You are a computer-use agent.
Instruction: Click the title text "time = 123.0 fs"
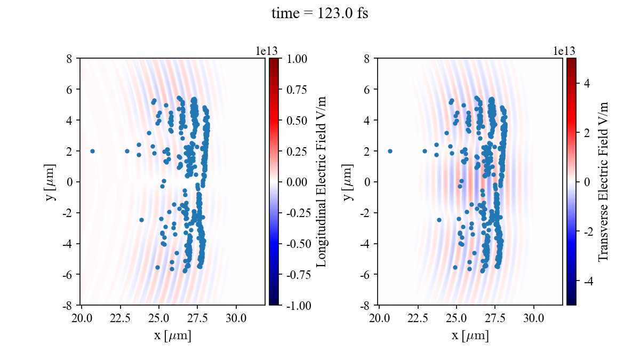point(319,14)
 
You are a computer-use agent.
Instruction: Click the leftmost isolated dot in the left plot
point(92,151)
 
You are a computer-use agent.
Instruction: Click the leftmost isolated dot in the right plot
point(390,151)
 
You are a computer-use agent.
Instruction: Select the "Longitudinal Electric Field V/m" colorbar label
point(322,181)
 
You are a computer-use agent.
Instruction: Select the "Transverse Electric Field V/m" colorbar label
point(603,181)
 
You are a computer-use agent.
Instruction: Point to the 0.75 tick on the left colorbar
point(295,89)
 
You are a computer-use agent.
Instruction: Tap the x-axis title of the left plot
point(172,336)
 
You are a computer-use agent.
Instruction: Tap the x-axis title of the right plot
point(470,336)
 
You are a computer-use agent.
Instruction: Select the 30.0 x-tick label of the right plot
point(533,318)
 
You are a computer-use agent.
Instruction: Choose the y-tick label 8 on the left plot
point(69,58)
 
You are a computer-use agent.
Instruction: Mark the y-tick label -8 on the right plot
point(365,306)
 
